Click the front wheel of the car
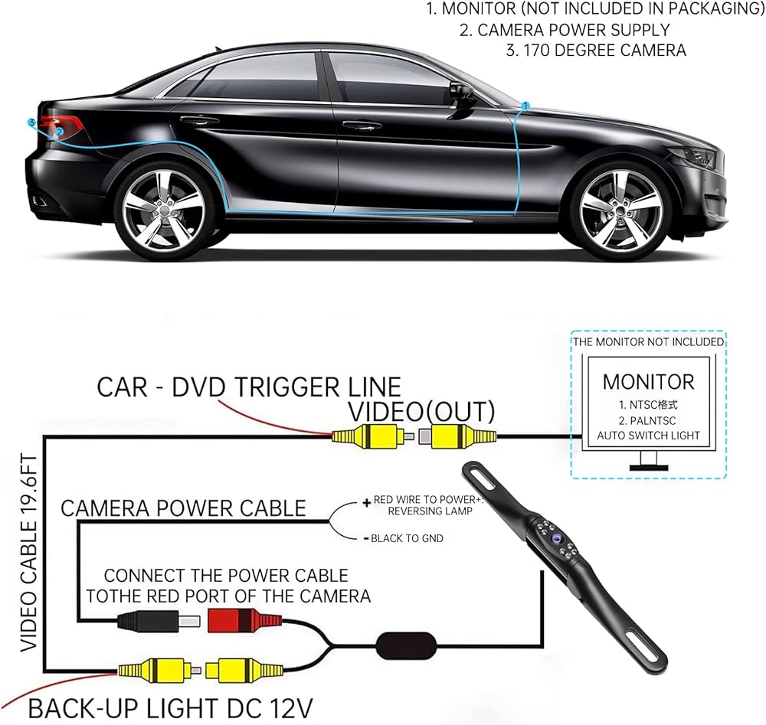click(x=620, y=208)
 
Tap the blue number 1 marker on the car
click(x=526, y=105)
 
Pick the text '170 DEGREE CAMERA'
click(x=597, y=51)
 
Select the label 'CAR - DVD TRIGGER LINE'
click(x=249, y=386)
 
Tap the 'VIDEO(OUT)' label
click(x=421, y=410)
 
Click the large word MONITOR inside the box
click(x=648, y=381)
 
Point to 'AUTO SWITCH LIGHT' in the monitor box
click(x=648, y=435)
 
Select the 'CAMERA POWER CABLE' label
click(x=183, y=508)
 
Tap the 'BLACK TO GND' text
click(x=407, y=538)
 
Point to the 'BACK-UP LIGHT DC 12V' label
click(x=170, y=704)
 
